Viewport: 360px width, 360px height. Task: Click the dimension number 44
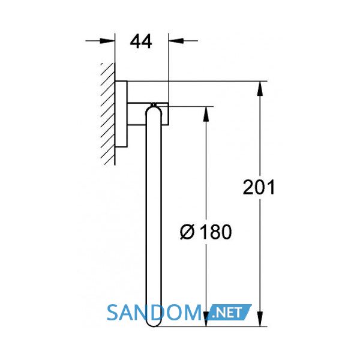coord(141,41)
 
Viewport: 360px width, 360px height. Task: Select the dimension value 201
coord(259,187)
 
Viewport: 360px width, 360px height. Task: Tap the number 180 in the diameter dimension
coord(216,232)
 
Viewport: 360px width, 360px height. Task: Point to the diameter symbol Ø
coord(187,232)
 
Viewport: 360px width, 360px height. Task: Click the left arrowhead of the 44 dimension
coord(107,41)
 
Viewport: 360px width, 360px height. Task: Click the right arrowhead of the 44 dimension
coord(176,41)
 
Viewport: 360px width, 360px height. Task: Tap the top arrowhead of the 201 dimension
coord(260,89)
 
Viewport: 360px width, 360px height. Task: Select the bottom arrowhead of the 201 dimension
coord(260,319)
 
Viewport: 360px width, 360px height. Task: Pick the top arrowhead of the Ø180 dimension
coord(206,114)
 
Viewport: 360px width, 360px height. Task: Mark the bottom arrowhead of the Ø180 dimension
coord(206,319)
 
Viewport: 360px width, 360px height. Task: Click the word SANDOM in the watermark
coord(154,313)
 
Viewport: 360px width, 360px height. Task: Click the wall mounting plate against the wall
coord(121,113)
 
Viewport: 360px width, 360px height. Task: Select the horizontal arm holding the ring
coord(148,114)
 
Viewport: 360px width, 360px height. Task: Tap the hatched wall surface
coord(107,114)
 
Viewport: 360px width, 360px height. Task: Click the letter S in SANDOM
coord(112,313)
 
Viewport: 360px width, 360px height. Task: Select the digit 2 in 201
coord(248,187)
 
